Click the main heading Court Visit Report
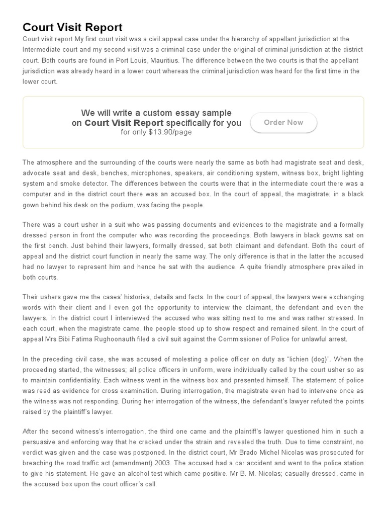72,27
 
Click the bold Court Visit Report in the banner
124,123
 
